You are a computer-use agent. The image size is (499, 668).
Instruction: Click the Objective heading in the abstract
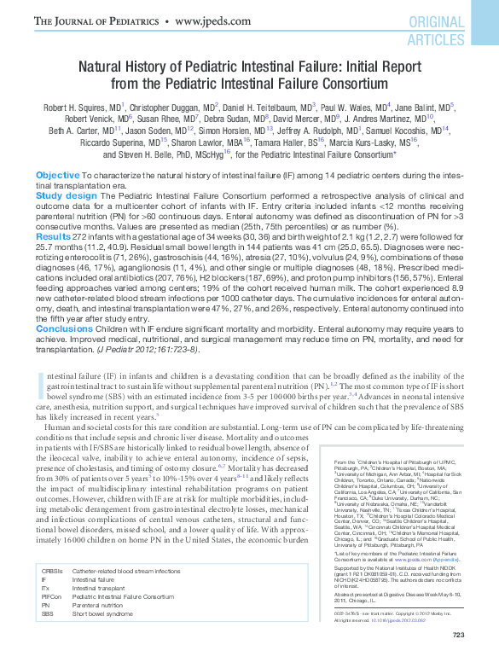pos(58,174)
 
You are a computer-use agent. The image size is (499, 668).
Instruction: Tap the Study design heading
pos(67,195)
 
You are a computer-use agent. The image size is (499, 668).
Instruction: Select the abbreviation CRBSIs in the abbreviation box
pos(52,571)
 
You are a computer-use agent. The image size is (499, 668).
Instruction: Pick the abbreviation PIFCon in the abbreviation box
pos(52,596)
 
